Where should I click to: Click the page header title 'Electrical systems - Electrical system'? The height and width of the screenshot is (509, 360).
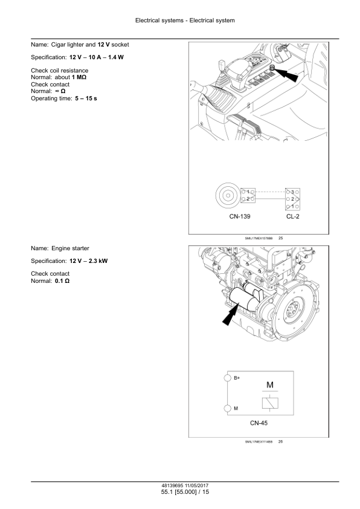click(x=185, y=21)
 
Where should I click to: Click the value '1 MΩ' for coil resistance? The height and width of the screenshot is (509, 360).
click(x=79, y=77)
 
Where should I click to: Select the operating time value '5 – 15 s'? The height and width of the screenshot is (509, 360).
click(x=86, y=99)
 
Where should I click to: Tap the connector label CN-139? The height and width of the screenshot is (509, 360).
click(x=240, y=216)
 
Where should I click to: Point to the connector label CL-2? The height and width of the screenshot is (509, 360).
click(x=292, y=216)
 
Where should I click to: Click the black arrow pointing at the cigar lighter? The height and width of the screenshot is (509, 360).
click(x=288, y=76)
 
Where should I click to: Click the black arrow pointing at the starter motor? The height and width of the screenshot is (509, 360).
click(x=231, y=314)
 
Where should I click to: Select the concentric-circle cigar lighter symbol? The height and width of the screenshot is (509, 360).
click(x=228, y=195)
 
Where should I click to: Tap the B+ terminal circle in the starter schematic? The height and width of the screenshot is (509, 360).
click(x=228, y=378)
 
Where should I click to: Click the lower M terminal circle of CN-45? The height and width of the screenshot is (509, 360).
click(x=228, y=408)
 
